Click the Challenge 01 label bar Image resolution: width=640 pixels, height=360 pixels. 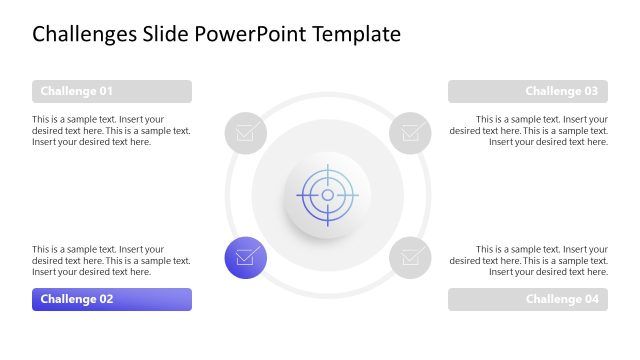point(111,92)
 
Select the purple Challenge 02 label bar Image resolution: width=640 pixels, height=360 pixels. point(111,299)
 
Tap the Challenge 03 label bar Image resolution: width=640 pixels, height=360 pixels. point(527,92)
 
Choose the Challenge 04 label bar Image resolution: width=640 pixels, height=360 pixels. point(527,299)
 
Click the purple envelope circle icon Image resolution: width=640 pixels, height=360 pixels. point(245,257)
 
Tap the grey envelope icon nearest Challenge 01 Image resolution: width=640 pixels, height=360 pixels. point(245,132)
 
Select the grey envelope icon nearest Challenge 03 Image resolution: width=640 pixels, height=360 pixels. point(410,132)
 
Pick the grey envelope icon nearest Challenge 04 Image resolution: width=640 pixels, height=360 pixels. point(410,257)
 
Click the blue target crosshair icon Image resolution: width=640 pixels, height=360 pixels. point(327,194)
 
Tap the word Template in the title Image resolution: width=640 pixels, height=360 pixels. point(356,35)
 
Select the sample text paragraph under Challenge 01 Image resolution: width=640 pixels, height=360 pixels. point(111,130)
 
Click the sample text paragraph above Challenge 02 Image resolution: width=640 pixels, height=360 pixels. point(111,260)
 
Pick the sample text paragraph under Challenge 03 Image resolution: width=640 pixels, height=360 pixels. point(529,130)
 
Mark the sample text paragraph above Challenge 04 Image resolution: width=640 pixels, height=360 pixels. point(529,260)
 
